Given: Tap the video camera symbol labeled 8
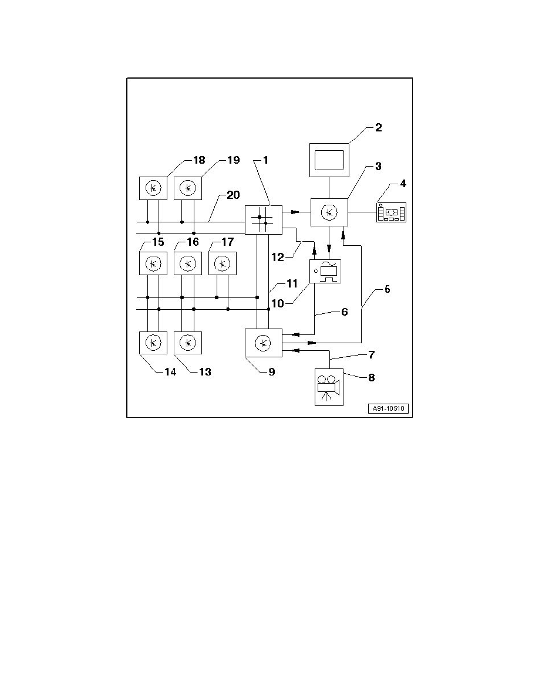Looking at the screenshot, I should tap(329, 387).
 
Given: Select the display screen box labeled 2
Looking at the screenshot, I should tap(329, 160).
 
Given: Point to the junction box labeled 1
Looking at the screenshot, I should tap(263, 220).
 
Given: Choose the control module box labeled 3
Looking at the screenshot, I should tap(329, 212).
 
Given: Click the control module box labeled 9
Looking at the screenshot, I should tap(263, 343).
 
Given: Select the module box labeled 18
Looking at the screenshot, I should tap(153, 188).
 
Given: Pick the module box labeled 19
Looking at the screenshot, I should tap(188, 188).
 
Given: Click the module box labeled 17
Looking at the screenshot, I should tap(223, 263).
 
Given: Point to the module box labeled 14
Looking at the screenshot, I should tap(153, 343).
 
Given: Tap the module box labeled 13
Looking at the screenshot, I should tap(188, 343).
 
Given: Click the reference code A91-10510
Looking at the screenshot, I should tap(389, 409).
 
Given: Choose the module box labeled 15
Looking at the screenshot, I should tap(153, 263).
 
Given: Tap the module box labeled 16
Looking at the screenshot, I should tap(188, 263).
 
